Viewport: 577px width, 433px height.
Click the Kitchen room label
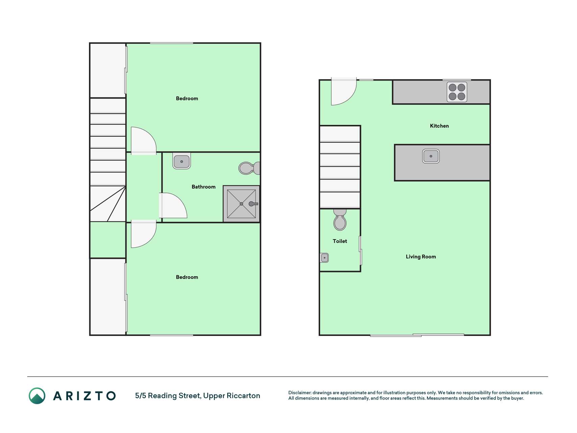[439, 126]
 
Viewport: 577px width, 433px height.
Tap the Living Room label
[421, 257]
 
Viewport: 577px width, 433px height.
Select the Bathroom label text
[203, 187]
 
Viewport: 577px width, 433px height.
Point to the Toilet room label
[340, 241]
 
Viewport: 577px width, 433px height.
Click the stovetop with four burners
[457, 92]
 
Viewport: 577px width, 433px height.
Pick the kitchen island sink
[431, 156]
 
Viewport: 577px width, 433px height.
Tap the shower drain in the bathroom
[241, 204]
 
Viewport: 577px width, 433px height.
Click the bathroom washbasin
[182, 161]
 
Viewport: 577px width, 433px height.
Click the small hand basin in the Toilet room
[324, 258]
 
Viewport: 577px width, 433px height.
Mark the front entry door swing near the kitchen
[344, 92]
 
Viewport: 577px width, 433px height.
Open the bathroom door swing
[173, 205]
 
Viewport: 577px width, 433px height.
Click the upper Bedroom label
[187, 98]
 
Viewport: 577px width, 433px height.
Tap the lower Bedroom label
[187, 277]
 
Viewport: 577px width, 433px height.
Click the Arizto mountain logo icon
[37, 396]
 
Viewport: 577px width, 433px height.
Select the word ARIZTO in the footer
[85, 396]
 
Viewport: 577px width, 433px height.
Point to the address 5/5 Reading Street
[167, 396]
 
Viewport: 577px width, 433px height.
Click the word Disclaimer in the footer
[299, 393]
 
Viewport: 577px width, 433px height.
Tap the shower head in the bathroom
[253, 204]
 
